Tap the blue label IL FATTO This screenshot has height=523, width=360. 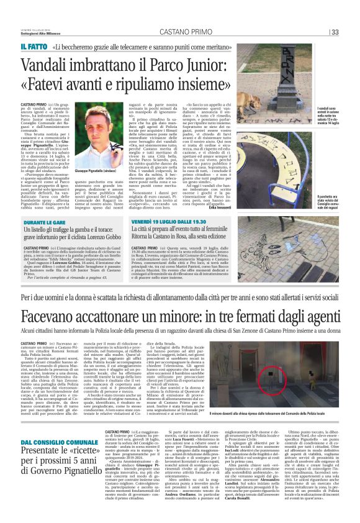[x=33, y=47]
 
